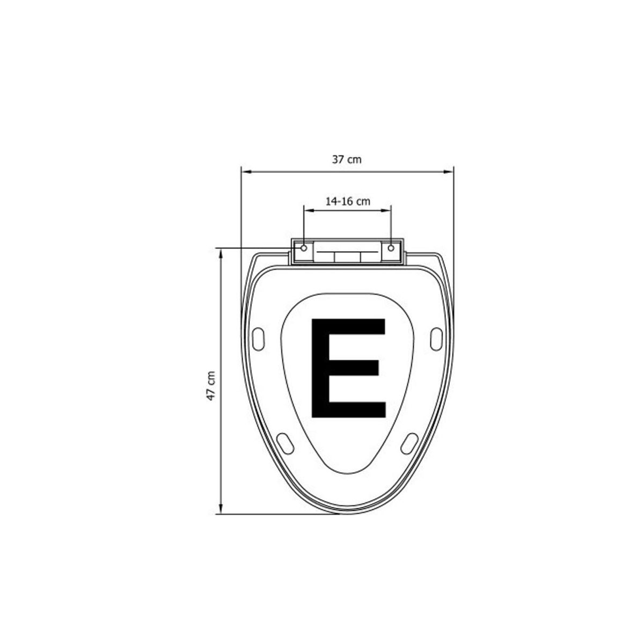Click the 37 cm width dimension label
pyautogui.click(x=347, y=160)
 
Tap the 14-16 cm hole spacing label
pyautogui.click(x=348, y=202)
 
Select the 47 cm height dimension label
pyautogui.click(x=211, y=386)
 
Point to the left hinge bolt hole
pyautogui.click(x=304, y=248)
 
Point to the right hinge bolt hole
pyautogui.click(x=391, y=248)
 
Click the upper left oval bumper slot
pyautogui.click(x=259, y=339)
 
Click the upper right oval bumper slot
pyautogui.click(x=436, y=339)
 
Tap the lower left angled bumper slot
pyautogui.click(x=286, y=443)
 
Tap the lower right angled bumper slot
pyautogui.click(x=409, y=443)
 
